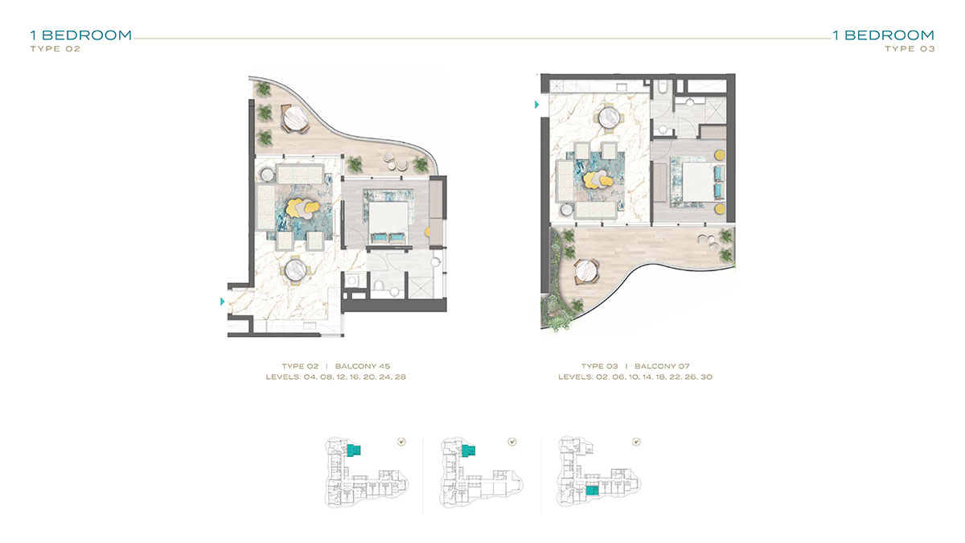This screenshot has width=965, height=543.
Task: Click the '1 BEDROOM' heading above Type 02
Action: tap(81, 35)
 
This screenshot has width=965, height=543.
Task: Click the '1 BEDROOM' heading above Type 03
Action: tap(883, 35)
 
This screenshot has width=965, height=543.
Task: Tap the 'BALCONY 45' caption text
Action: tap(363, 366)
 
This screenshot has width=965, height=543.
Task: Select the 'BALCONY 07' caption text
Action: tap(662, 366)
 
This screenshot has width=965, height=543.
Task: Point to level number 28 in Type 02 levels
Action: tap(400, 377)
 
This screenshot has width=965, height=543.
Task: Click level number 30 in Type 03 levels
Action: tap(707, 377)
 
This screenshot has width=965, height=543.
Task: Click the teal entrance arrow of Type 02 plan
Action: tap(222, 302)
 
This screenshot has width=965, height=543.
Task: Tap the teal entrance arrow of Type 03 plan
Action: tap(537, 105)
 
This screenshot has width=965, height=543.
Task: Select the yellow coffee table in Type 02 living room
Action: tap(302, 208)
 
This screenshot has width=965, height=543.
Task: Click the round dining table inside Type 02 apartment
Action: tap(296, 270)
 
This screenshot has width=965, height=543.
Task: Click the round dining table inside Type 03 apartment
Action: tap(610, 117)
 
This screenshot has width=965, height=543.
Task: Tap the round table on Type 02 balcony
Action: tap(296, 117)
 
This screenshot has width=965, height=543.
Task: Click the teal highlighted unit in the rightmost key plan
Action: tap(593, 491)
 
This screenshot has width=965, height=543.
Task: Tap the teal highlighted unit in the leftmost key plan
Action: tap(354, 450)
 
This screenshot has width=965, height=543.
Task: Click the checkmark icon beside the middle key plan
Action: tap(511, 442)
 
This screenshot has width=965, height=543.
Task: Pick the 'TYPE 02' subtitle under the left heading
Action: tap(55, 49)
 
